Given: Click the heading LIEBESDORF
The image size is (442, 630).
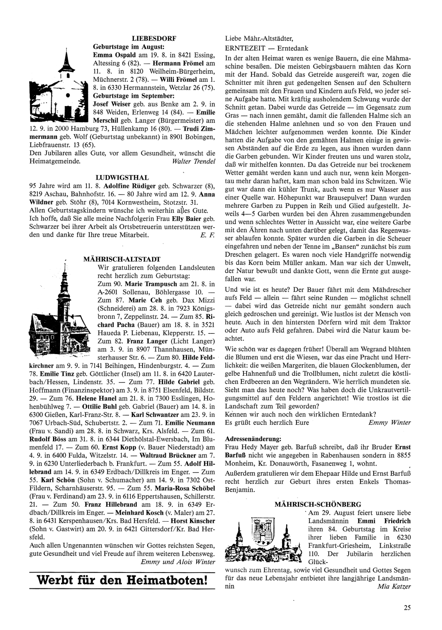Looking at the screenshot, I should pos(154,39).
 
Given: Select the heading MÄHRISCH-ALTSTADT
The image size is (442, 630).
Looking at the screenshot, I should pos(122,259).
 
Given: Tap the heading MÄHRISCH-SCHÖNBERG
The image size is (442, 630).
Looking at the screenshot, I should pos(318,504).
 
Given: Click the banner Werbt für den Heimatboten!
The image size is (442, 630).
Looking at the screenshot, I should pos(122,580).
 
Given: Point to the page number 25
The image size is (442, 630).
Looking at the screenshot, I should pos(407,607).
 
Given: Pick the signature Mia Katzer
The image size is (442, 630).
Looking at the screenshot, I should pos(394,587).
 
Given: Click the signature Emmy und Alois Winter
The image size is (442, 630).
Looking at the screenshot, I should pos(178,562).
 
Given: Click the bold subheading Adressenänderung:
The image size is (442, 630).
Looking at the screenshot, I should pos(253,439).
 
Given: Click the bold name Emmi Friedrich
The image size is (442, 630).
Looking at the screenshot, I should pos(384,521).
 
